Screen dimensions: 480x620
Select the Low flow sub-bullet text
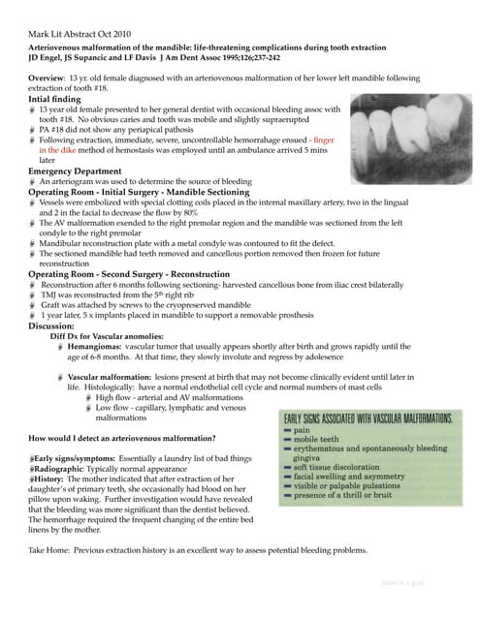tap(170, 407)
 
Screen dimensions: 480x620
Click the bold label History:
tap(52, 479)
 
